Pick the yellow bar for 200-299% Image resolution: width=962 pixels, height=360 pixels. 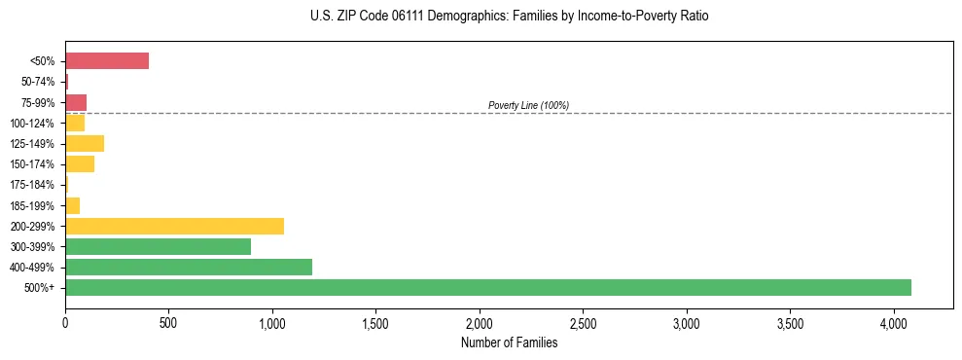pyautogui.click(x=174, y=226)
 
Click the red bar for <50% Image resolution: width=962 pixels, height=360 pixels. pyautogui.click(x=107, y=61)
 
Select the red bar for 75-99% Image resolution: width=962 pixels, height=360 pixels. pyautogui.click(x=76, y=102)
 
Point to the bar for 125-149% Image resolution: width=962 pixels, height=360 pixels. pyautogui.click(x=85, y=144)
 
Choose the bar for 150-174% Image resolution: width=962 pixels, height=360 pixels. pyautogui.click(x=80, y=164)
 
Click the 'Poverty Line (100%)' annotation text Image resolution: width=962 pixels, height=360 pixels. pyautogui.click(x=528, y=105)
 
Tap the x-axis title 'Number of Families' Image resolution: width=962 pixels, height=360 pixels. pyautogui.click(x=510, y=342)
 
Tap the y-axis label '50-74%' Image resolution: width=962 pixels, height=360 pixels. pyautogui.click(x=39, y=82)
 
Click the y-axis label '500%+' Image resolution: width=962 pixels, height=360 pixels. pyautogui.click(x=40, y=288)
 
